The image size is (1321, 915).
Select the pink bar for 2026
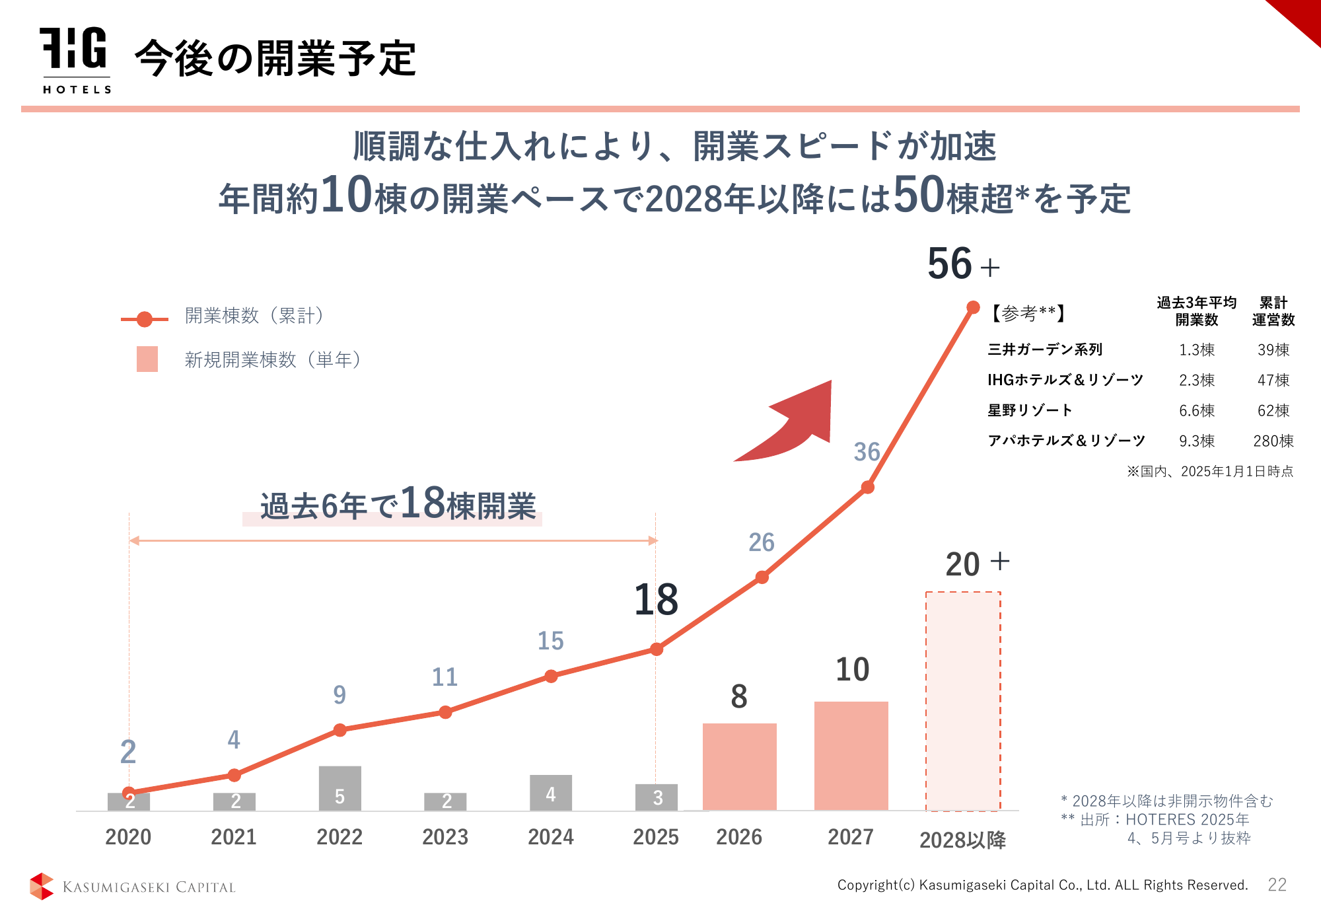coord(739,766)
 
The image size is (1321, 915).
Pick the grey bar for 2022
coord(339,788)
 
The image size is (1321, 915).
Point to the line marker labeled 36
coord(868,488)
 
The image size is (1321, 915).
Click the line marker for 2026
coord(762,577)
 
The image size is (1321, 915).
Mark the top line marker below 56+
coord(973,307)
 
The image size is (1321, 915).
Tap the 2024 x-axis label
coord(550,837)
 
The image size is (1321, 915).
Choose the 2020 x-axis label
coord(128,837)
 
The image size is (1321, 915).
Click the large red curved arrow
coord(793,423)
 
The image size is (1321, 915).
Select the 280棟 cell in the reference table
coord(1273,441)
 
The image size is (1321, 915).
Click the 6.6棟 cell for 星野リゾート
coord(1196,410)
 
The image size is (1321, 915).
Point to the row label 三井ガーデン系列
coord(1045,349)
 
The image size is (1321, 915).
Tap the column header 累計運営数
coord(1273,311)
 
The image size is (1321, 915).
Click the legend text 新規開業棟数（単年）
coord(273,360)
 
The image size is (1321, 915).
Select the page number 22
coord(1277,885)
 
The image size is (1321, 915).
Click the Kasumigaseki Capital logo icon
coord(42,886)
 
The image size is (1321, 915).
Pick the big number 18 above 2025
coord(656,600)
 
